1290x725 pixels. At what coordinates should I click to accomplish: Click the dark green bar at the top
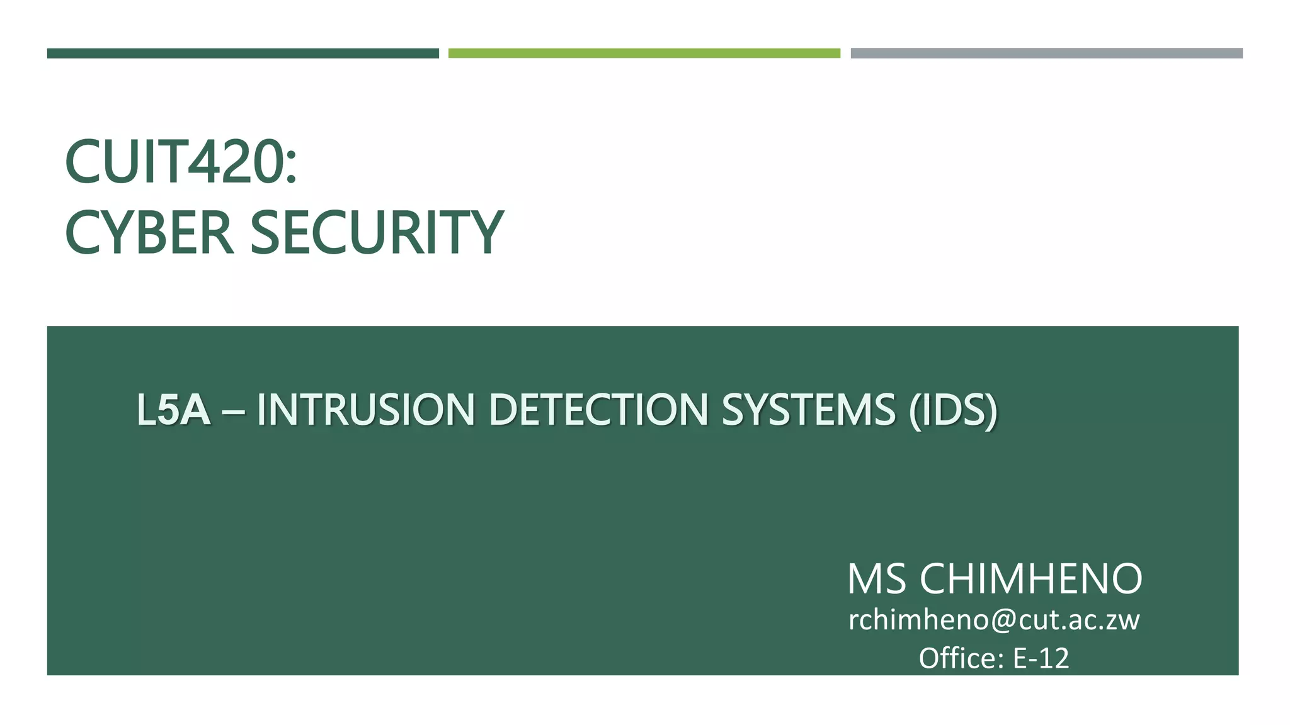click(243, 53)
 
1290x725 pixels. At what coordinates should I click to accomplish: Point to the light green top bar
click(644, 53)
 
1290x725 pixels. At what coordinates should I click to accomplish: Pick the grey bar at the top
click(1046, 53)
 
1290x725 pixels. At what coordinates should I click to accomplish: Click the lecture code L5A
click(173, 410)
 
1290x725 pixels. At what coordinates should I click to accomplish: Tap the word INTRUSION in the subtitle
click(365, 410)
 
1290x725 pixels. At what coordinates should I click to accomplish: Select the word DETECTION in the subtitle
click(599, 410)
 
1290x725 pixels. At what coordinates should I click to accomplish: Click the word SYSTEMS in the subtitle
click(808, 410)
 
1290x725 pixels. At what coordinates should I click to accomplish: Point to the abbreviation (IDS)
click(953, 410)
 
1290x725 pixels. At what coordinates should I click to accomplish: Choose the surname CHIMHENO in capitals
click(1030, 579)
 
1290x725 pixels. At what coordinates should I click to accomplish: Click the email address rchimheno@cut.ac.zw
click(994, 621)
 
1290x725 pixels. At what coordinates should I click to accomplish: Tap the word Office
click(957, 658)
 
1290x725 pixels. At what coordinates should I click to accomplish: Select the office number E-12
click(1041, 658)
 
